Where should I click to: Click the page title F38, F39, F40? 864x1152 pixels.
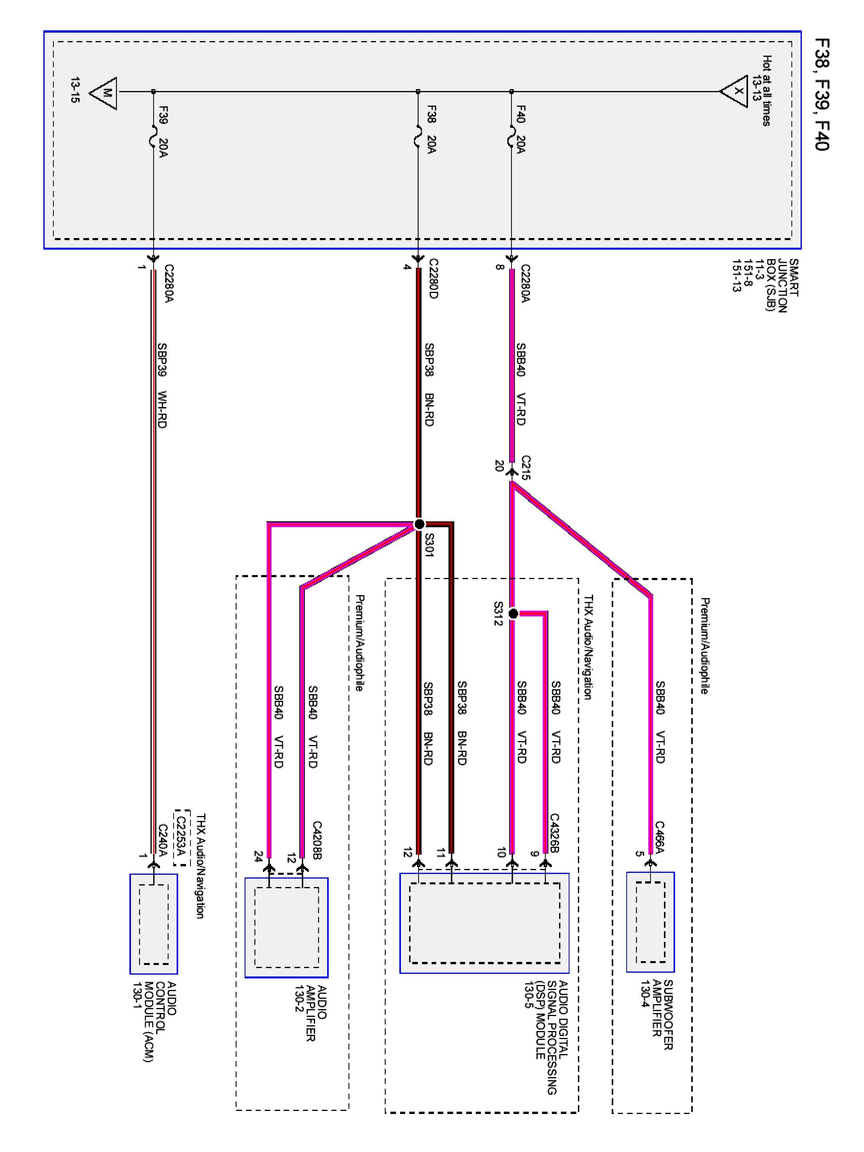click(822, 94)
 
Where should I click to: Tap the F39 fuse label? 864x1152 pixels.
click(163, 115)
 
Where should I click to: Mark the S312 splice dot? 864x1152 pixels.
click(513, 614)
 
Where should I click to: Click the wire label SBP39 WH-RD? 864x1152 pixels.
click(162, 386)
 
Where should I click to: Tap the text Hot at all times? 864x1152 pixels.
click(766, 91)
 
